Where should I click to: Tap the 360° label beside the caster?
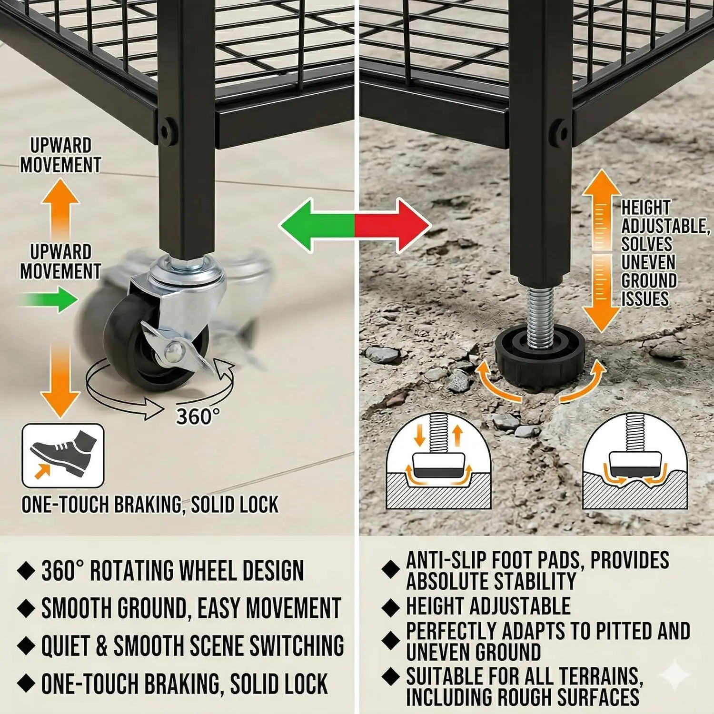point(198,416)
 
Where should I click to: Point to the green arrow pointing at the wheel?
point(48,299)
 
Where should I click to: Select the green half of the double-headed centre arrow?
point(317,225)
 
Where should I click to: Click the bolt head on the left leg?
point(165,129)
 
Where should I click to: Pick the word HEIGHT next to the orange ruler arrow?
point(646,208)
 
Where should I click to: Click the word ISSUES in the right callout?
point(645,299)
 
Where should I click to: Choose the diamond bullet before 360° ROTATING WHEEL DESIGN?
point(26,570)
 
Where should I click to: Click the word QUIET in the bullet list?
point(66,646)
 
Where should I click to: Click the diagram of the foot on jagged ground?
point(635,461)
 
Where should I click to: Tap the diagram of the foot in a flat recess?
point(438,461)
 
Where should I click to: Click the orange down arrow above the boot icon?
point(60,381)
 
